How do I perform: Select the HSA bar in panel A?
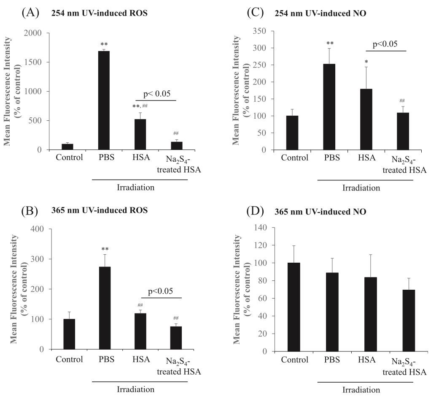(140, 134)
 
